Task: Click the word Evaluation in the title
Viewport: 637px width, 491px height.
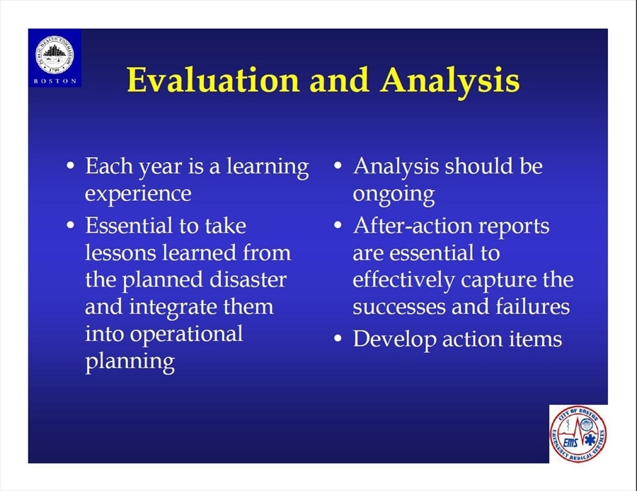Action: [213, 80]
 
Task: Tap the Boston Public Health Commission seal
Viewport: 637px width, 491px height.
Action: [54, 54]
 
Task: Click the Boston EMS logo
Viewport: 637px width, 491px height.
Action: [578, 434]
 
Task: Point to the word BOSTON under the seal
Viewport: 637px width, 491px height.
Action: [54, 81]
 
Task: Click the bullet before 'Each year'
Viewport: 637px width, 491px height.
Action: [71, 166]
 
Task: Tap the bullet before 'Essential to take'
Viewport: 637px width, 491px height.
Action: [71, 225]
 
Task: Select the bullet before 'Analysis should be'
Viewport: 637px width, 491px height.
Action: [338, 166]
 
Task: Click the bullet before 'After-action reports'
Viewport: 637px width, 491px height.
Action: [338, 225]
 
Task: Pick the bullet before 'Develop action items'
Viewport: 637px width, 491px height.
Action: [338, 338]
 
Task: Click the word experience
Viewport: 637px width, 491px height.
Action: [138, 194]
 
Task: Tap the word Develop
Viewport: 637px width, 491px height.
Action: [394, 340]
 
